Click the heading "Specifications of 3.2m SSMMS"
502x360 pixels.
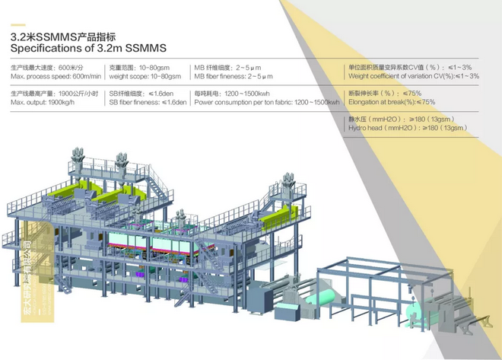88,47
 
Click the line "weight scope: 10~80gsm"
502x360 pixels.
145,76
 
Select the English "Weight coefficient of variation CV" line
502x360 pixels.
413,76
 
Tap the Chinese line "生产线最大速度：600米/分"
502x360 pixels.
46,68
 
